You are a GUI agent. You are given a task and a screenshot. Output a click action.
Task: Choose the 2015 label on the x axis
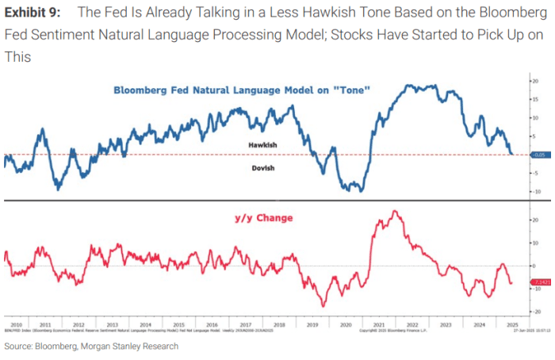(178, 325)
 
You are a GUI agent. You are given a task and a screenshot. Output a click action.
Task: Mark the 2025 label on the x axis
(507, 325)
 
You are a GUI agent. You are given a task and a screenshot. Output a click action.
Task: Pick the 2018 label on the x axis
(279, 325)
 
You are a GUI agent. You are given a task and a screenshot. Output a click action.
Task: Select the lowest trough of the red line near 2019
(323, 306)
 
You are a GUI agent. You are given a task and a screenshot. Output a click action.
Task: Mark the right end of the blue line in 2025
(512, 154)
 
